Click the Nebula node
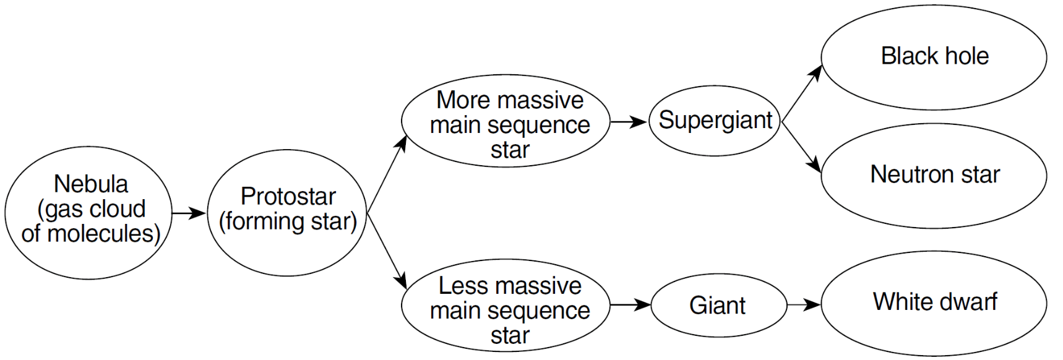(x=88, y=212)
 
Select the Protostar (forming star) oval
(x=287, y=212)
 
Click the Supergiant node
(x=715, y=121)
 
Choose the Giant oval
(x=718, y=305)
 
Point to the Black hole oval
(x=934, y=57)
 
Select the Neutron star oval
(x=934, y=175)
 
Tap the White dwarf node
(x=934, y=303)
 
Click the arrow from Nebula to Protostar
(x=189, y=213)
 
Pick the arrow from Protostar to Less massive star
(x=387, y=251)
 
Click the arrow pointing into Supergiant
(x=629, y=122)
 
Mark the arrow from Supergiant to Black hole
(x=802, y=93)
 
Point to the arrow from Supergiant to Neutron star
(x=802, y=147)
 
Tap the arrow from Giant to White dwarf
(x=804, y=304)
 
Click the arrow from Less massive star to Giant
(x=630, y=304)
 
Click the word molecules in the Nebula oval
(x=104, y=234)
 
